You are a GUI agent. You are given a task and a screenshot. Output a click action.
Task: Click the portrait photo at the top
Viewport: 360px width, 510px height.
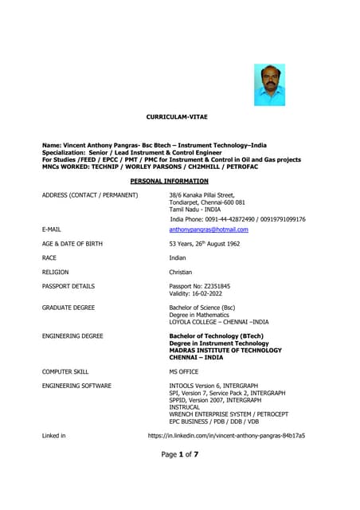click(269, 84)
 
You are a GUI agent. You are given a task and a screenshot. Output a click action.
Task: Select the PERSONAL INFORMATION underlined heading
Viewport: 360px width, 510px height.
click(181, 181)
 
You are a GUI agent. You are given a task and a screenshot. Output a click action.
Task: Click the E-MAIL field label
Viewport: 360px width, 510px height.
click(52, 229)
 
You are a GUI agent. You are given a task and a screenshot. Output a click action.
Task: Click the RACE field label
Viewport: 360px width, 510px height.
click(49, 258)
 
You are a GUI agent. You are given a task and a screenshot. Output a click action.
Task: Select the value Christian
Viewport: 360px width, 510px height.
click(181, 273)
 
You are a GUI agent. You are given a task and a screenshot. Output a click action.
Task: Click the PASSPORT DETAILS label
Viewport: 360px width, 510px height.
click(68, 285)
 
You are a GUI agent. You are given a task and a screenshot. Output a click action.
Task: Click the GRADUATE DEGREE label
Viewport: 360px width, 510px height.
click(68, 307)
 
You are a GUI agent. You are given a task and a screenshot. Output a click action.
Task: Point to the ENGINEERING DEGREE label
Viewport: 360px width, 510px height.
click(72, 336)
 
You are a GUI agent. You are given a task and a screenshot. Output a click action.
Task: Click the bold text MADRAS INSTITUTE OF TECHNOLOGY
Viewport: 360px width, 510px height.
click(225, 351)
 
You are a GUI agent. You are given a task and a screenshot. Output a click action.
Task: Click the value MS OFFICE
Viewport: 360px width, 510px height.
click(184, 371)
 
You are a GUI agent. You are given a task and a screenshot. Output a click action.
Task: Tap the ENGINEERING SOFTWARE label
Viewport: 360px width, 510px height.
click(76, 386)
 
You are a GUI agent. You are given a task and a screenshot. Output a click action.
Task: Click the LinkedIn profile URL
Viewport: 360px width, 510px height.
click(227, 436)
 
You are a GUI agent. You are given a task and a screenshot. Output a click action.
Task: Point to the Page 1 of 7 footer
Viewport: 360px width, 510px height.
click(179, 454)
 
